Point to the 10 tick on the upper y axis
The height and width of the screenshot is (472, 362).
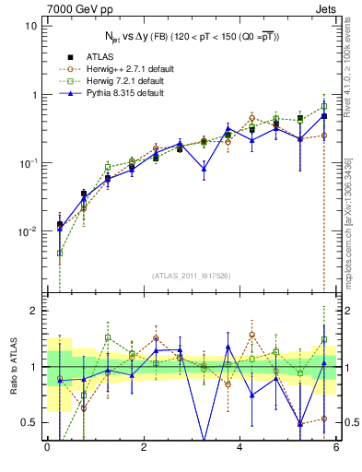coord(30,26)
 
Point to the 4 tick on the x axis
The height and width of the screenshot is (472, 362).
coord(239,449)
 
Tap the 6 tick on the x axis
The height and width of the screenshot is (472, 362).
coord(336,449)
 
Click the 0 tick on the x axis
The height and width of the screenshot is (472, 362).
coord(47,449)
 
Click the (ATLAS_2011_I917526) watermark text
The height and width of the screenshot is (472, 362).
coord(191,276)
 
